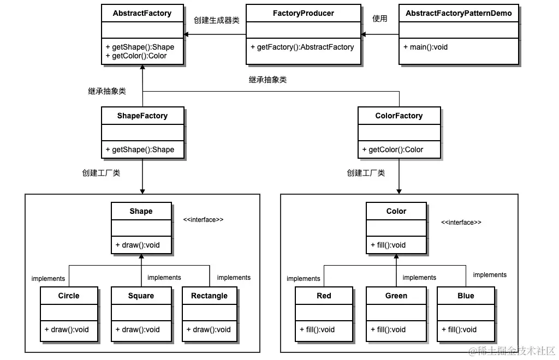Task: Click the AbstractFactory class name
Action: coord(142,13)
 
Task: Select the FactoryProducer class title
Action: coord(303,13)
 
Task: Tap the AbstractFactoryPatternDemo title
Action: coord(459,13)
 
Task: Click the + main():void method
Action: coord(426,47)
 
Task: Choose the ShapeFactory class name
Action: coord(142,116)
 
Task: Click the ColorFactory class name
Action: coord(399,116)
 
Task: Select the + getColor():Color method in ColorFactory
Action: coord(393,149)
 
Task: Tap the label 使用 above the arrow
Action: coord(380,19)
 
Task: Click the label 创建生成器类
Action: coord(217,20)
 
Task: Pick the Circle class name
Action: coord(69,296)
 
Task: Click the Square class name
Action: coord(141,296)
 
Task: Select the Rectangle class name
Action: coord(209,296)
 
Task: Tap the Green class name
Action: coord(396,296)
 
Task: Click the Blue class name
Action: coord(466,296)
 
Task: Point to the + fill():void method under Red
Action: coord(317,329)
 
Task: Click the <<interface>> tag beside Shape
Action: coord(204,219)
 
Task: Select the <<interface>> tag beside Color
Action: coord(461,223)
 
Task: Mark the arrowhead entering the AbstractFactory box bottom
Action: coord(142,68)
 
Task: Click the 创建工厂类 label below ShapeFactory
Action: coord(101,173)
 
